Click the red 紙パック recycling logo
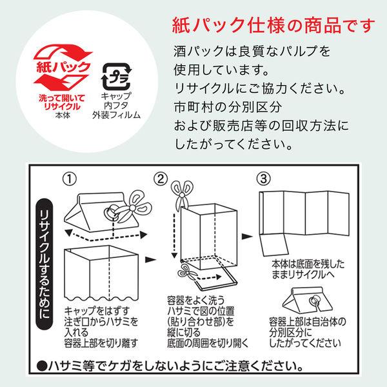(x=63, y=66)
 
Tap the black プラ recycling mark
(x=117, y=77)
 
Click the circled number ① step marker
(x=70, y=179)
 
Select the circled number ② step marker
(x=161, y=179)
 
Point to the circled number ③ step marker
(x=264, y=179)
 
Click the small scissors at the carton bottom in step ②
(x=187, y=272)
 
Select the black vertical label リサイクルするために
(x=45, y=264)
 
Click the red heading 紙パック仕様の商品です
(x=273, y=25)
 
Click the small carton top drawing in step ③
(x=308, y=300)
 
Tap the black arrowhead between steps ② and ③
(x=247, y=237)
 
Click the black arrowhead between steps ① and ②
(x=150, y=259)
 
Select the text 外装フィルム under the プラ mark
(x=117, y=115)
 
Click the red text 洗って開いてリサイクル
(x=62, y=103)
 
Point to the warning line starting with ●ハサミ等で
(x=170, y=366)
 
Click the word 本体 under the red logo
(x=63, y=115)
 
